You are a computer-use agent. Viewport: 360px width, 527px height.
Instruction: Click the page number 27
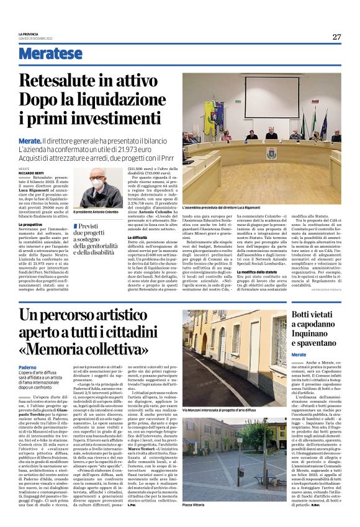coord(336,37)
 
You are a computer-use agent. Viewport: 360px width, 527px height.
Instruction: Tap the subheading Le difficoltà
coord(138,237)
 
